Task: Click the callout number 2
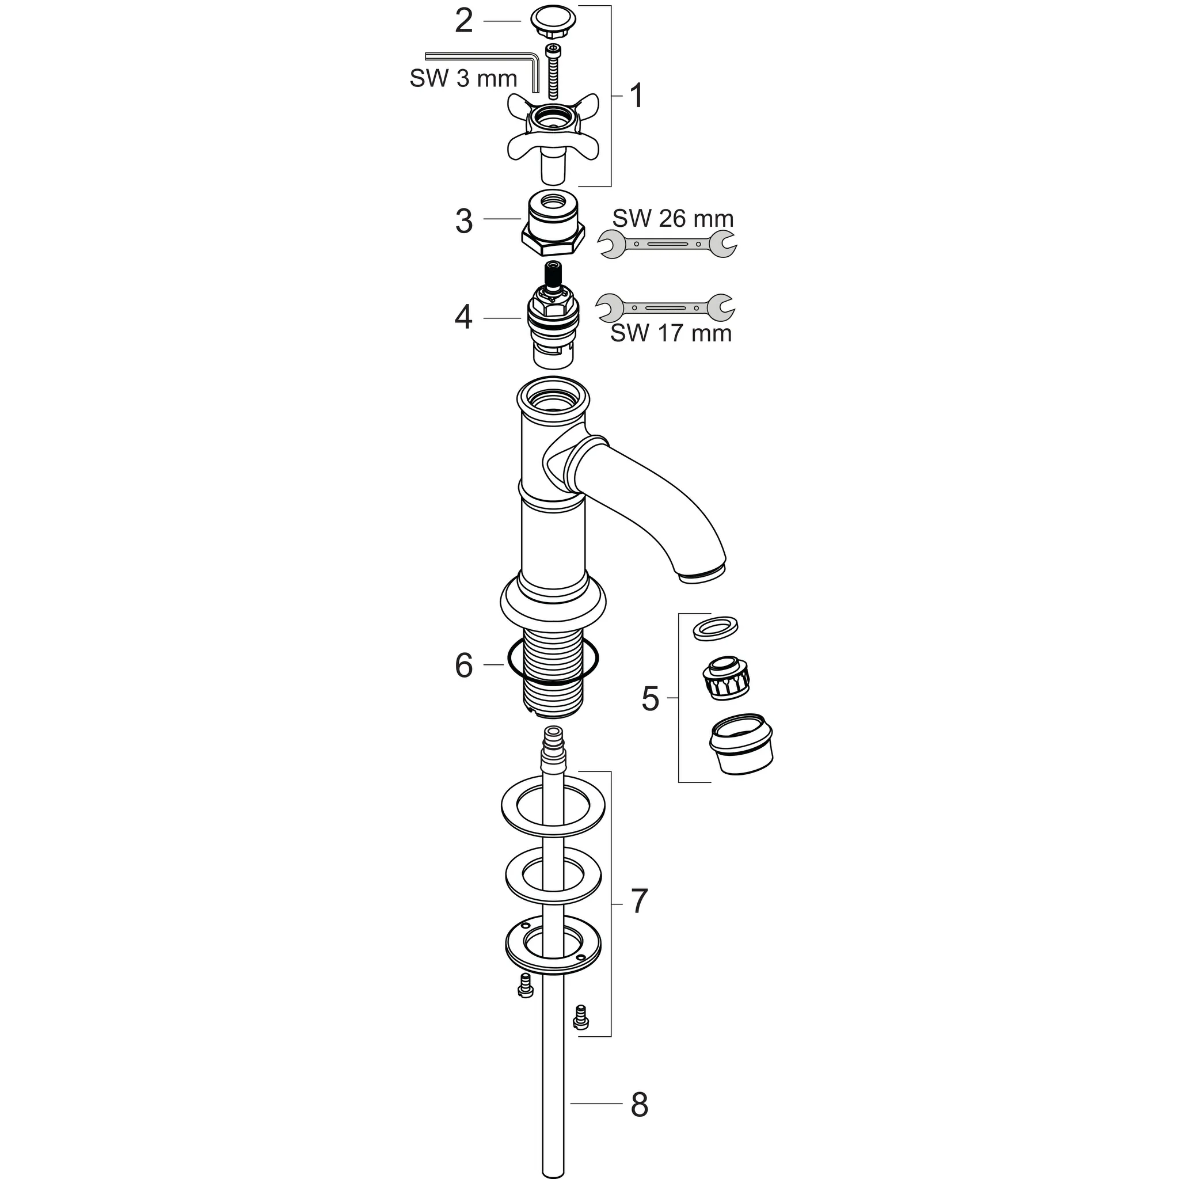[x=464, y=22]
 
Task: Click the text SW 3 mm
[x=463, y=79]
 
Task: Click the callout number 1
[x=637, y=96]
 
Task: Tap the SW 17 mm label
[x=671, y=333]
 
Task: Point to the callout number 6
[x=464, y=665]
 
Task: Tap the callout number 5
[x=650, y=699]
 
